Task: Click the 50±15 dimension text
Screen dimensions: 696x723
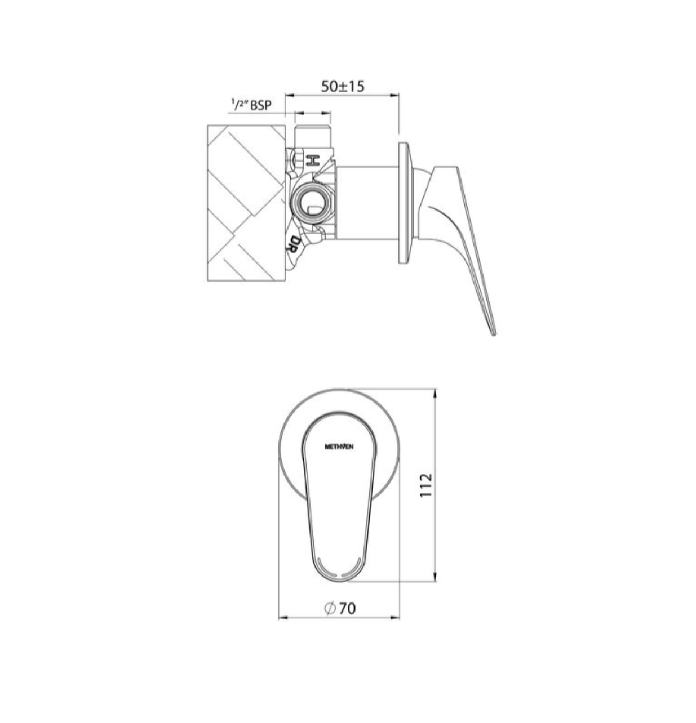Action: (343, 86)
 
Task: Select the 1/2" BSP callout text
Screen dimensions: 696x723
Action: (251, 105)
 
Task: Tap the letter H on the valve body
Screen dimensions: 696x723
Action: (313, 161)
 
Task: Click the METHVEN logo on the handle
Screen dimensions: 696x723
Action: (339, 447)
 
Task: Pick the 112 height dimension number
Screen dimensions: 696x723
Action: (425, 485)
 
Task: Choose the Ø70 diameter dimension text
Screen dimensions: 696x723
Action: (340, 608)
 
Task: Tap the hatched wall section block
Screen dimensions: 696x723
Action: (246, 203)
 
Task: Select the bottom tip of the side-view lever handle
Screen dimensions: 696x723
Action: (494, 334)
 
